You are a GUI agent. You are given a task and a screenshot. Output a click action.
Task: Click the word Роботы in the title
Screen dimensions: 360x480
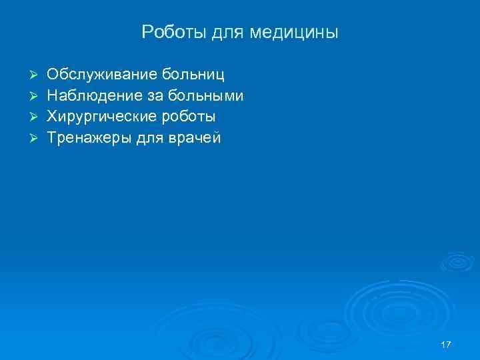tap(167, 32)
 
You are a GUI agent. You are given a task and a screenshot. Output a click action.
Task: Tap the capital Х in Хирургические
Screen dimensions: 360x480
tap(52, 117)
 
